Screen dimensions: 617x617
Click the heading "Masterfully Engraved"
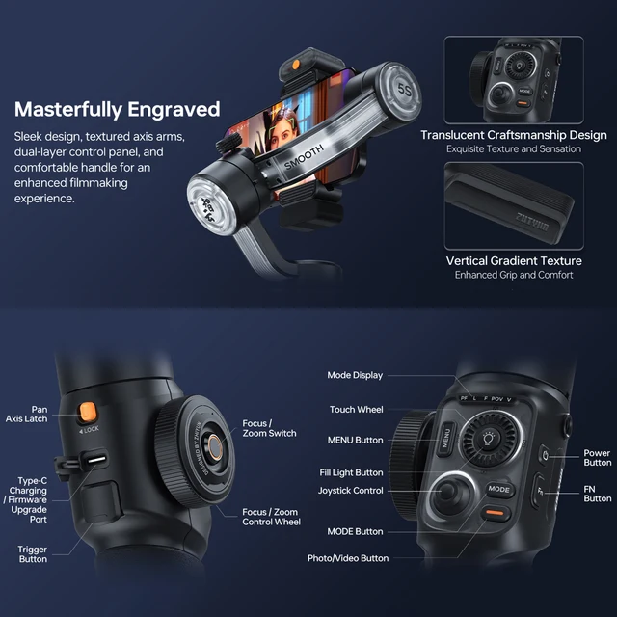pyautogui.click(x=117, y=109)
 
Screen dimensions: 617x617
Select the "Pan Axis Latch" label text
pyautogui.click(x=27, y=414)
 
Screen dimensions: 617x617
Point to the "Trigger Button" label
pyautogui.click(x=33, y=553)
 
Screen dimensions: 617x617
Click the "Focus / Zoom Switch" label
pyautogui.click(x=269, y=428)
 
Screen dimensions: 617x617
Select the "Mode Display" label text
pyautogui.click(x=355, y=375)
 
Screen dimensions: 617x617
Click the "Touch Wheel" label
pyautogui.click(x=356, y=409)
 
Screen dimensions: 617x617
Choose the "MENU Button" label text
pyautogui.click(x=355, y=441)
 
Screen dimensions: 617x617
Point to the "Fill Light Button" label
pyautogui.click(x=350, y=472)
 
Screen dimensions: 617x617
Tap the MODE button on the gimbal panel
pyautogui.click(x=498, y=489)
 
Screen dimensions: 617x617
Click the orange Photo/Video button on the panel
pyautogui.click(x=494, y=511)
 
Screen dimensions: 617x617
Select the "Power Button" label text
pyautogui.click(x=597, y=457)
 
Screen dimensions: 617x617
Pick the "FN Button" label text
pyautogui.click(x=597, y=493)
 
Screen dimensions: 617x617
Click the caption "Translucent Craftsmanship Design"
pyautogui.click(x=513, y=135)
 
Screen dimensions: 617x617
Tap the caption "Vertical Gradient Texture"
pyautogui.click(x=513, y=260)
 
